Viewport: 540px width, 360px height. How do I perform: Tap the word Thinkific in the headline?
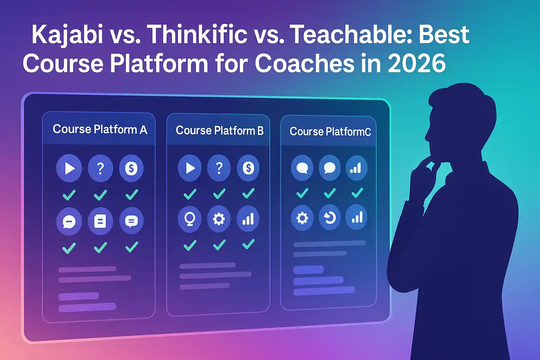(197, 34)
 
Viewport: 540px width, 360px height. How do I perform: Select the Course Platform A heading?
(100, 129)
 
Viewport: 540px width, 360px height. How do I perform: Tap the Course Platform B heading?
(220, 131)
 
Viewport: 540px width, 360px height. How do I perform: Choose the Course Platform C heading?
(330, 131)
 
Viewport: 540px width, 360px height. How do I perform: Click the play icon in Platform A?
(69, 168)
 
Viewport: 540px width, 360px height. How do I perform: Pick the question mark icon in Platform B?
(219, 168)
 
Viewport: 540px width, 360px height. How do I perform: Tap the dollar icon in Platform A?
(131, 168)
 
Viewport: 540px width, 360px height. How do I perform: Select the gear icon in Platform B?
(219, 219)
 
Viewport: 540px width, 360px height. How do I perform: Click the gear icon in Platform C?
(302, 218)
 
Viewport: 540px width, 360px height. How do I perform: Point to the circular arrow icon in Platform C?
(329, 218)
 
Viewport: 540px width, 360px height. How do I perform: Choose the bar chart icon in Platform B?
(248, 218)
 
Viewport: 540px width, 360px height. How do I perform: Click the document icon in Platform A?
(100, 221)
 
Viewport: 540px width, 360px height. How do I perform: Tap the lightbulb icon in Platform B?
(190, 219)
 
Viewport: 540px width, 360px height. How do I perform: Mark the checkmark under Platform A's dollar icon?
(131, 194)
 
